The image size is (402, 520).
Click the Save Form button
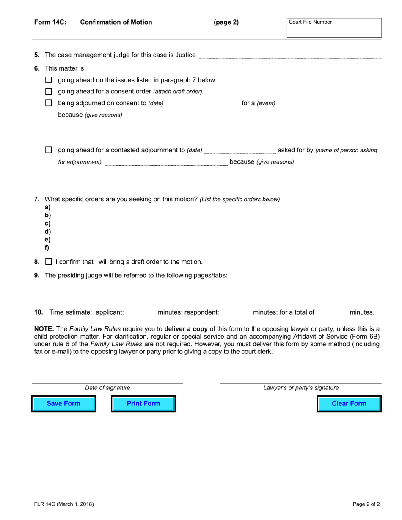click(x=63, y=403)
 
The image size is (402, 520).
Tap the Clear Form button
click(x=349, y=403)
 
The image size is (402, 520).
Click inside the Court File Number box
click(x=334, y=28)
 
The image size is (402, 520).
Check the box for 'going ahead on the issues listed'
click(x=49, y=80)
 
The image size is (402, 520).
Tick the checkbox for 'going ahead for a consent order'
click(x=49, y=91)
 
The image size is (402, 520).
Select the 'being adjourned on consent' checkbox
click(x=49, y=103)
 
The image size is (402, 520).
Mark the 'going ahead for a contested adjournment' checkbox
click(x=49, y=150)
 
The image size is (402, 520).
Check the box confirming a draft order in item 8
click(x=49, y=262)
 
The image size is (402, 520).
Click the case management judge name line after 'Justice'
click(x=289, y=55)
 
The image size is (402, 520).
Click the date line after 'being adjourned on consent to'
click(x=203, y=104)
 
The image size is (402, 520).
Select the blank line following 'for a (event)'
click(x=329, y=104)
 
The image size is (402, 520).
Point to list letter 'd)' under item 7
click(x=48, y=232)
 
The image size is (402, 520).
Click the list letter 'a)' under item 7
click(x=48, y=207)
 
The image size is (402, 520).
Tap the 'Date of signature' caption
click(x=107, y=388)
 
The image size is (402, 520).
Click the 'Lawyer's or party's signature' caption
click(x=301, y=388)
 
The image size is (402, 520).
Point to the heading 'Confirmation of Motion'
click(x=116, y=22)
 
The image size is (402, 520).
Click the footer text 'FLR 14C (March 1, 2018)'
click(x=64, y=504)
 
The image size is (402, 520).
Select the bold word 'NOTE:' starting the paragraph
click(x=44, y=329)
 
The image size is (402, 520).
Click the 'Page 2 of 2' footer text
click(x=366, y=504)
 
